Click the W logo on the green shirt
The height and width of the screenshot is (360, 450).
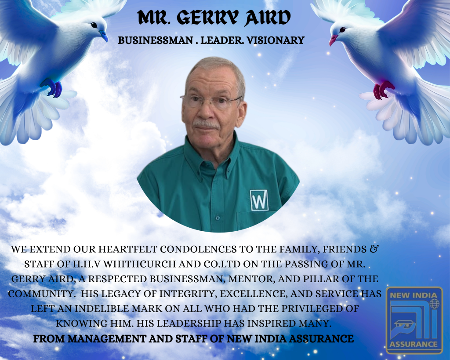259,200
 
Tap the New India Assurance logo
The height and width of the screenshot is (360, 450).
414,320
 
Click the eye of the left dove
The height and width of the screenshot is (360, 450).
94,25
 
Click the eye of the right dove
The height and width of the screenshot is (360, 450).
342,29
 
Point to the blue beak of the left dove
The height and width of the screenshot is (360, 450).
103,36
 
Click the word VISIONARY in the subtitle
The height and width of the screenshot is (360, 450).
275,40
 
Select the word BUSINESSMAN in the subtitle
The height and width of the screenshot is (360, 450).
155,40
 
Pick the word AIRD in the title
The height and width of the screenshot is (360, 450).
268,18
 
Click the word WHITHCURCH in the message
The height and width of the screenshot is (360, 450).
140,264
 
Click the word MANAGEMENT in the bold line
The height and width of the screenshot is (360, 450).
107,339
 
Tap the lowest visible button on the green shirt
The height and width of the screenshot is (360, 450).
218,218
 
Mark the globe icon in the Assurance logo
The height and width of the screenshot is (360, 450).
435,304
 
